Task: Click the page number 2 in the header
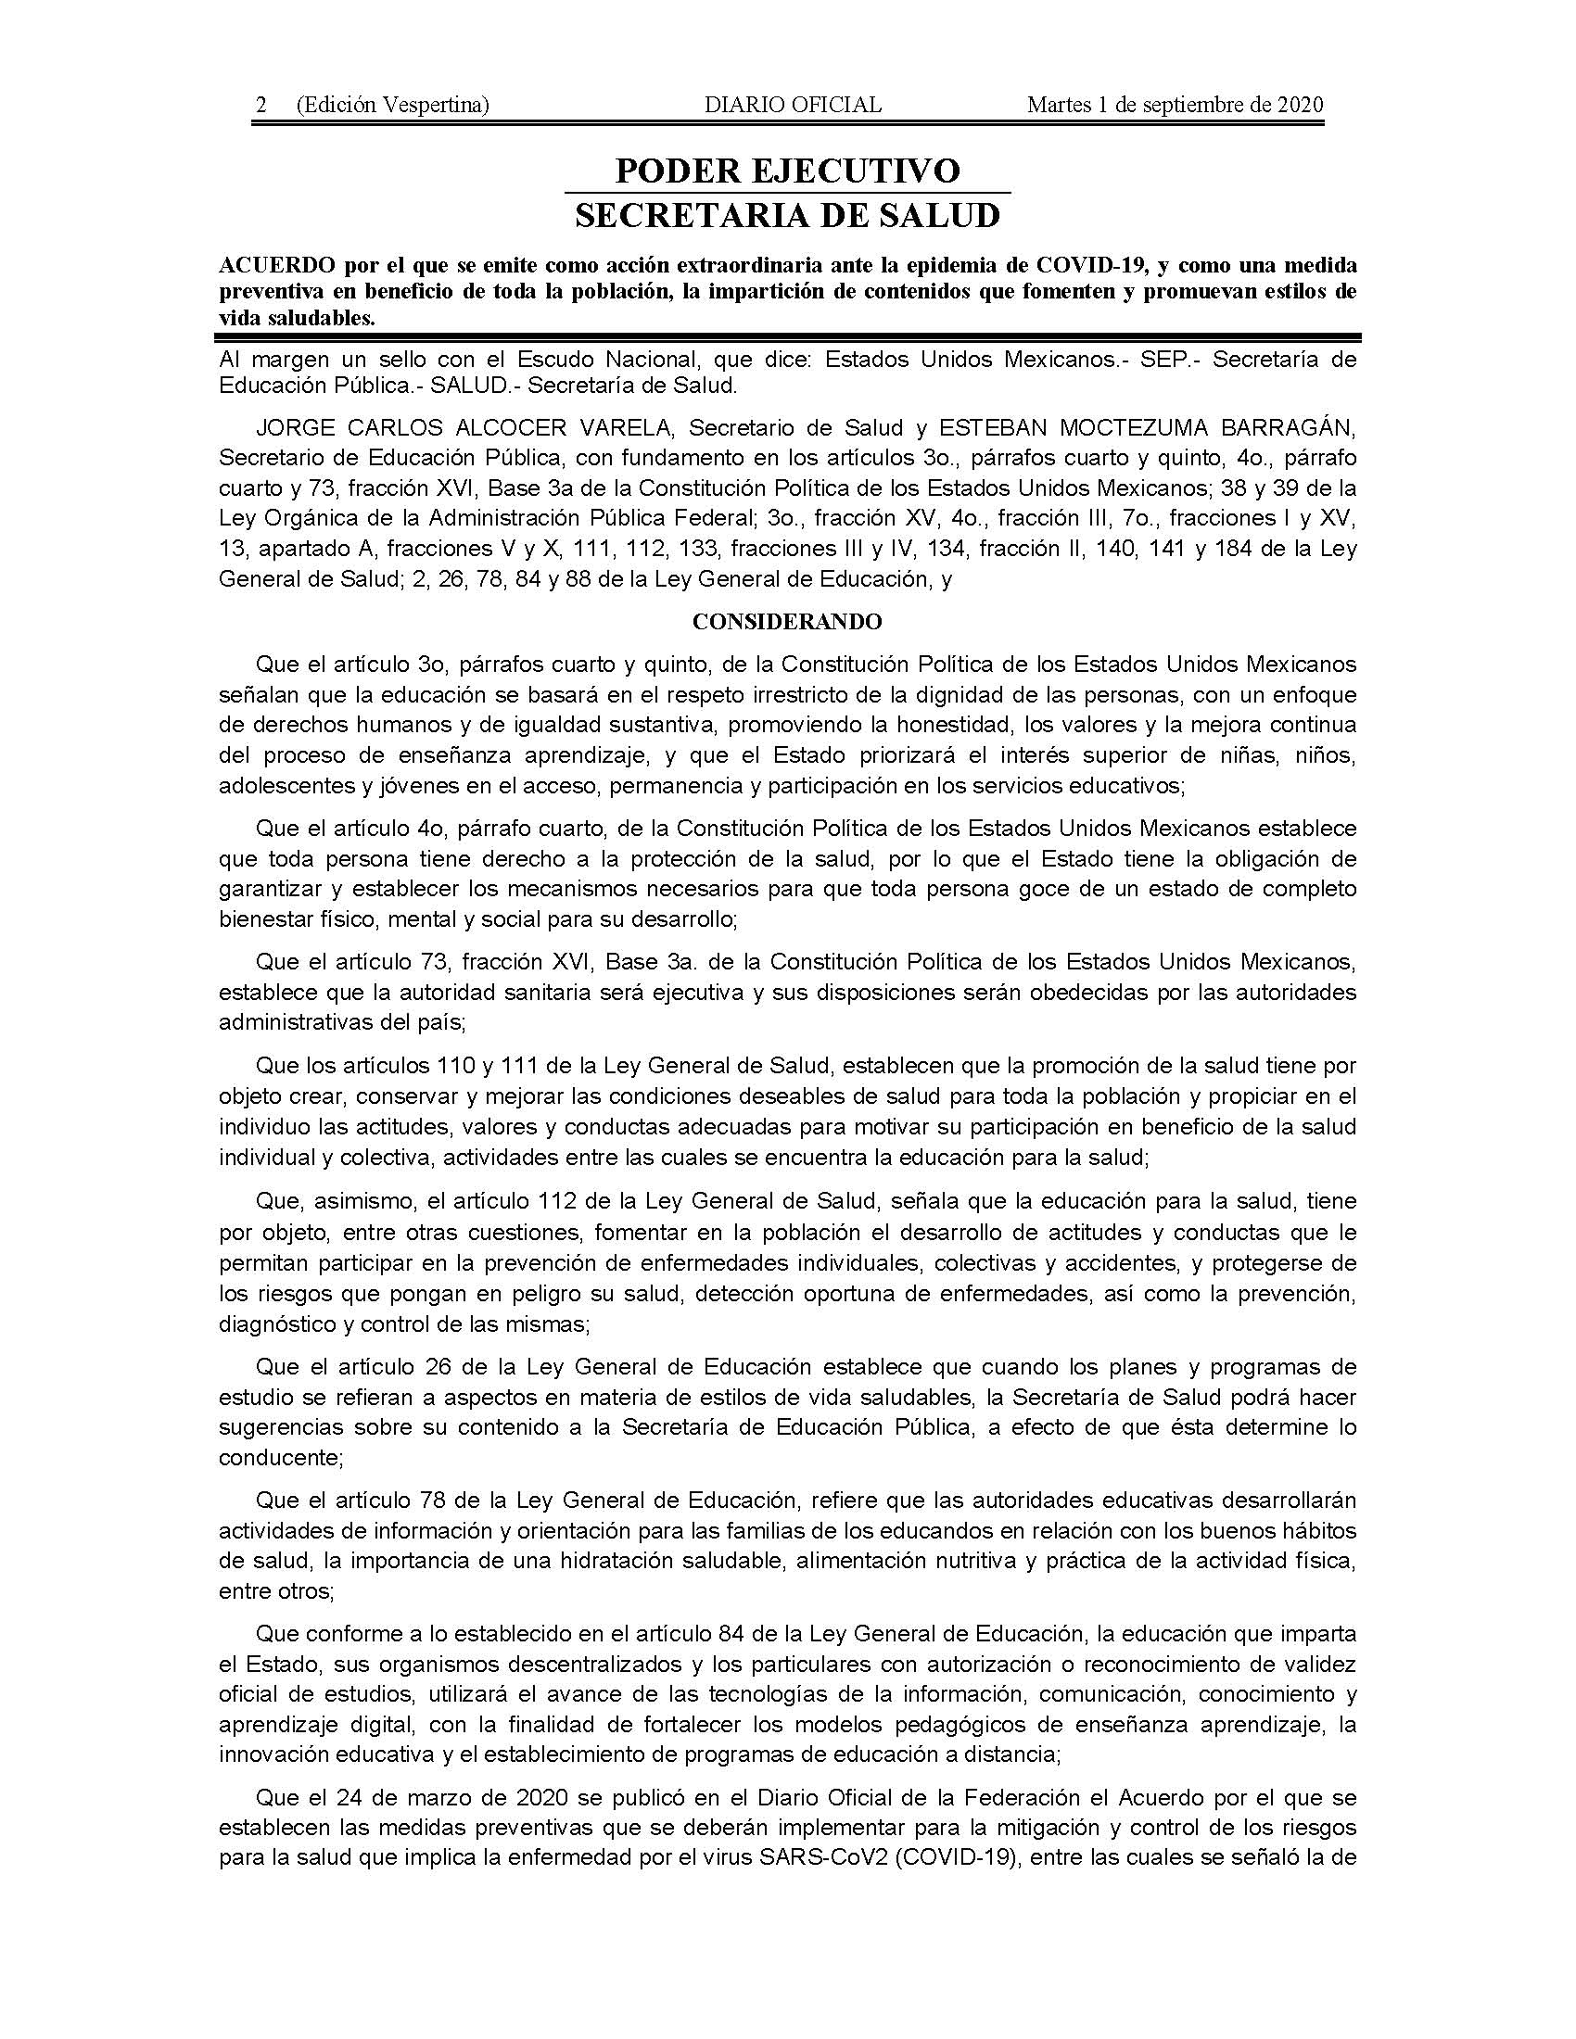point(262,106)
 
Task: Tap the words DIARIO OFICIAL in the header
point(793,106)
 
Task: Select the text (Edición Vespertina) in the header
point(392,106)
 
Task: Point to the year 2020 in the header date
point(1299,106)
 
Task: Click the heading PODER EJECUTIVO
point(787,171)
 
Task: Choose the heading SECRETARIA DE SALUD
point(787,216)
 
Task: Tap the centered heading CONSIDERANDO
point(787,622)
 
